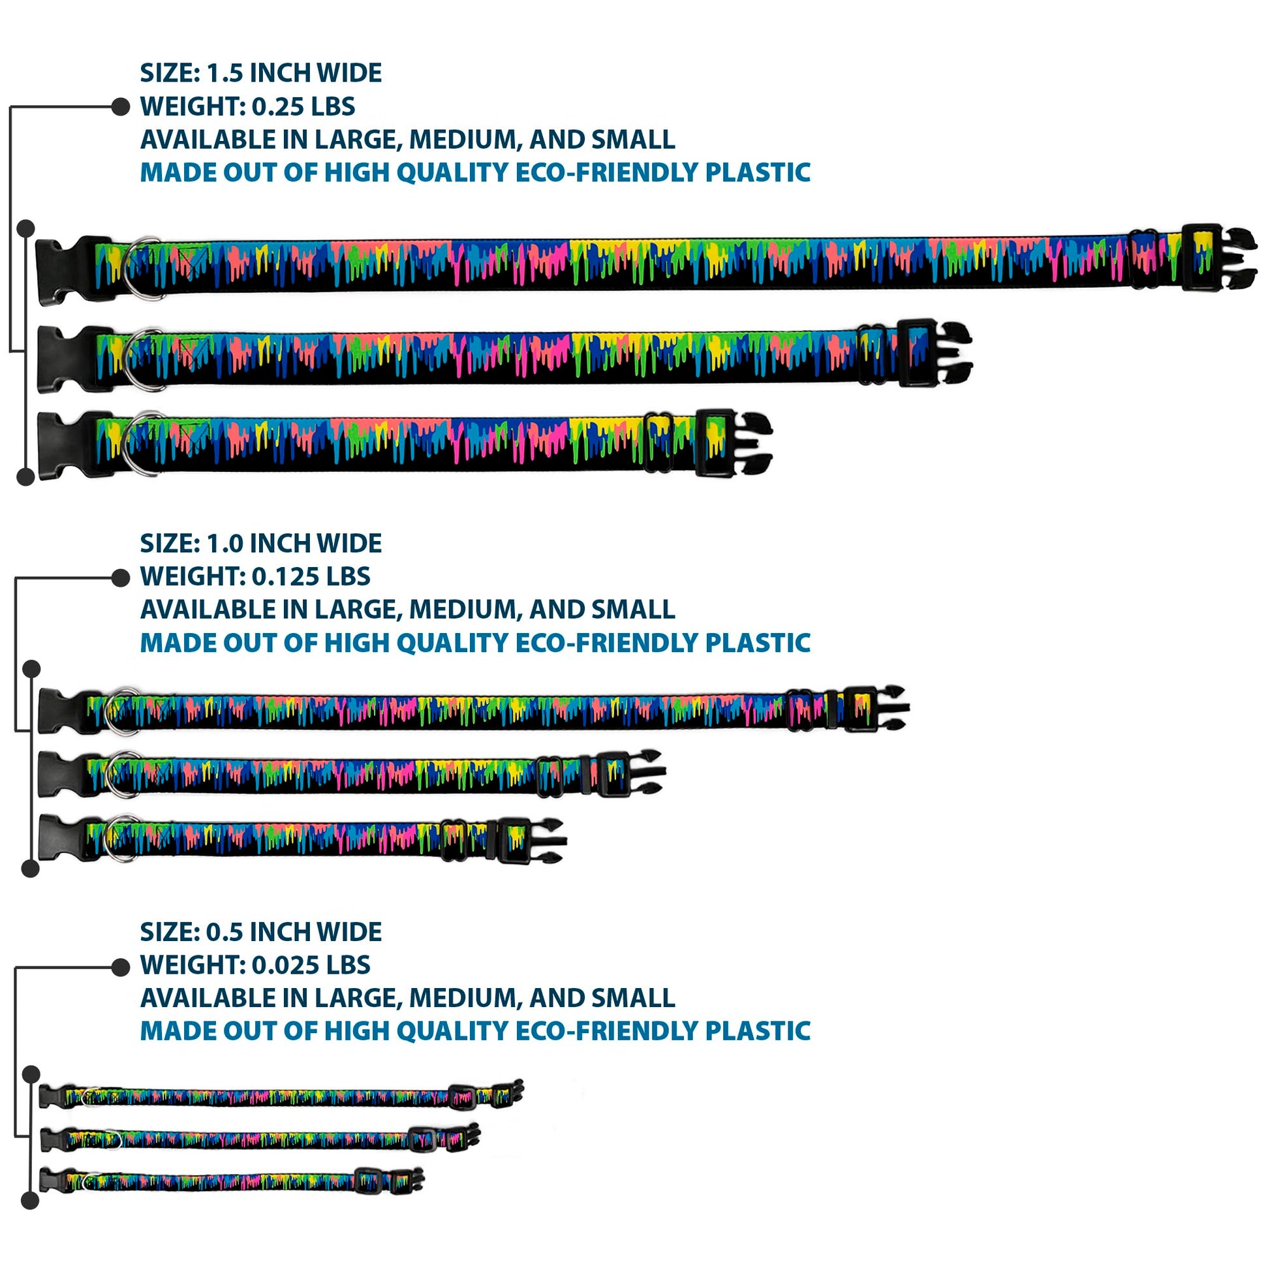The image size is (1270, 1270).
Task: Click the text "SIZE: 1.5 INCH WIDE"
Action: pyautogui.click(x=260, y=73)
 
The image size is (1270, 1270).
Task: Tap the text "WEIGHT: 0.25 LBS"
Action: pyautogui.click(x=247, y=106)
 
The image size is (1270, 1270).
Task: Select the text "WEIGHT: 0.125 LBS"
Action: pyautogui.click(x=255, y=576)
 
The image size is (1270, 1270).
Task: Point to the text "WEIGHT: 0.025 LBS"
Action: pyautogui.click(x=255, y=965)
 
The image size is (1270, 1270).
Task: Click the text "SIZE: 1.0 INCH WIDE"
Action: pyautogui.click(x=260, y=544)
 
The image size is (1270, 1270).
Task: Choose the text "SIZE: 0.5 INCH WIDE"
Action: pyautogui.click(x=260, y=932)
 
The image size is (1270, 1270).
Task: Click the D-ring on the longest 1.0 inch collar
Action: pyautogui.click(x=122, y=711)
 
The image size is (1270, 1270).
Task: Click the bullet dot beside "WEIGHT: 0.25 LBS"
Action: pyautogui.click(x=120, y=106)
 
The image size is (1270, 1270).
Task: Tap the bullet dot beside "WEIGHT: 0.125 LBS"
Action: pyautogui.click(x=120, y=578)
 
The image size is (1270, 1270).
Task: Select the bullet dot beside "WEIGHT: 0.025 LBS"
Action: pyautogui.click(x=120, y=967)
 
